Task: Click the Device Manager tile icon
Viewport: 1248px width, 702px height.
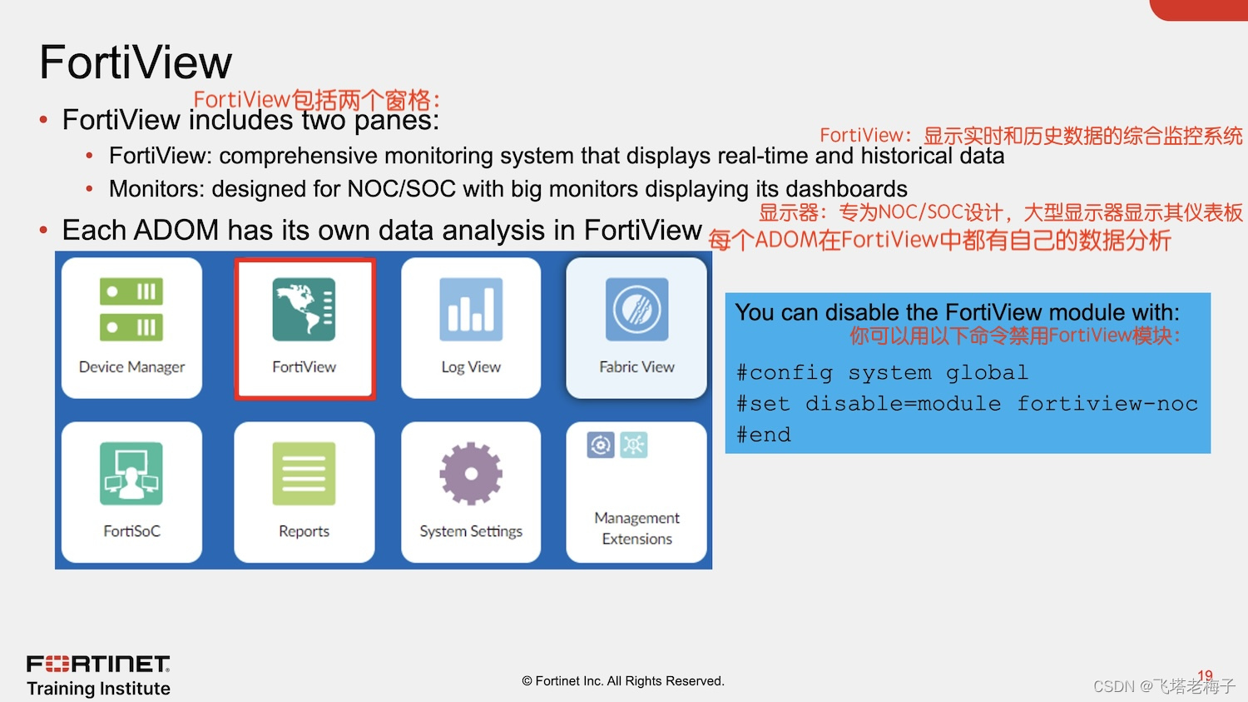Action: [x=131, y=310]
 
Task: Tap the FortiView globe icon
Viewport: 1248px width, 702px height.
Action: [x=304, y=310]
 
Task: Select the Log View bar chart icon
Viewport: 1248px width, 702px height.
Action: [x=471, y=310]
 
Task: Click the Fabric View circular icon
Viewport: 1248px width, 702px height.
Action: [x=636, y=310]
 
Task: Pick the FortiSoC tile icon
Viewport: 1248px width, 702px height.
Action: [x=131, y=473]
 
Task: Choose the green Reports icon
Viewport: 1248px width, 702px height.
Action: [x=304, y=473]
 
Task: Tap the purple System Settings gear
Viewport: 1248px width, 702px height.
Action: [x=471, y=473]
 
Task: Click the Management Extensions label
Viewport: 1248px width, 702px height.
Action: [x=636, y=528]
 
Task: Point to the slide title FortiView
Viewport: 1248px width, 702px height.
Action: [x=136, y=62]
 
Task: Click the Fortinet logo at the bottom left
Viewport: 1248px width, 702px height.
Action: [x=98, y=664]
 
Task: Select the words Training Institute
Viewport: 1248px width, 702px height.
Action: [x=98, y=689]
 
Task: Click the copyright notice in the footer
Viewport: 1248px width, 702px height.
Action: [x=623, y=681]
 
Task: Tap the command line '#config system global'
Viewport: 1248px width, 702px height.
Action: [x=882, y=372]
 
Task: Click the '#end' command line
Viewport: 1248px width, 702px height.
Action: [x=764, y=435]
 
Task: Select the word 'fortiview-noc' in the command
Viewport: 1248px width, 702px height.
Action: [x=1107, y=404]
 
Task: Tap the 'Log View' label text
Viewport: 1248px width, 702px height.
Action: [x=471, y=367]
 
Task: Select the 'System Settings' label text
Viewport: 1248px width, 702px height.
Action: [x=471, y=531]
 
